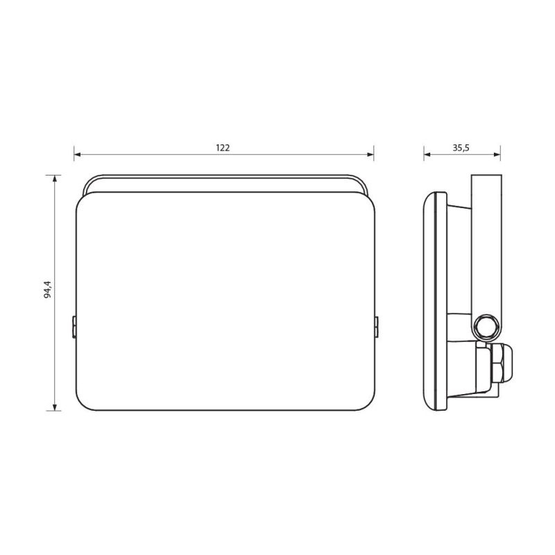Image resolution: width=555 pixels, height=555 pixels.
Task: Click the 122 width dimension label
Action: click(x=223, y=148)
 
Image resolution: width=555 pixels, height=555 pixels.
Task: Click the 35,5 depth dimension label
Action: click(x=461, y=148)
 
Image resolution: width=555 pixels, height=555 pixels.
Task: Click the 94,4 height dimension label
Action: click(x=48, y=289)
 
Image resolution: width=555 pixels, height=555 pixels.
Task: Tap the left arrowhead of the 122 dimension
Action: click(x=78, y=154)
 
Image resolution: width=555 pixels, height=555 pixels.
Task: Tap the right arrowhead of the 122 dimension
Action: click(x=370, y=154)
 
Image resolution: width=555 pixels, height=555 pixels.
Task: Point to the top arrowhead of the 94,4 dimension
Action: click(x=55, y=179)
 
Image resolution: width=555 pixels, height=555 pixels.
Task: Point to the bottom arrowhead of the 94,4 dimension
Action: click(x=55, y=407)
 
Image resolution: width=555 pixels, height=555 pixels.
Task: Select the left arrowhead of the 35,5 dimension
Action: click(x=427, y=154)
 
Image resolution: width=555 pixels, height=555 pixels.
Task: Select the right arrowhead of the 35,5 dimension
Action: click(x=497, y=154)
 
